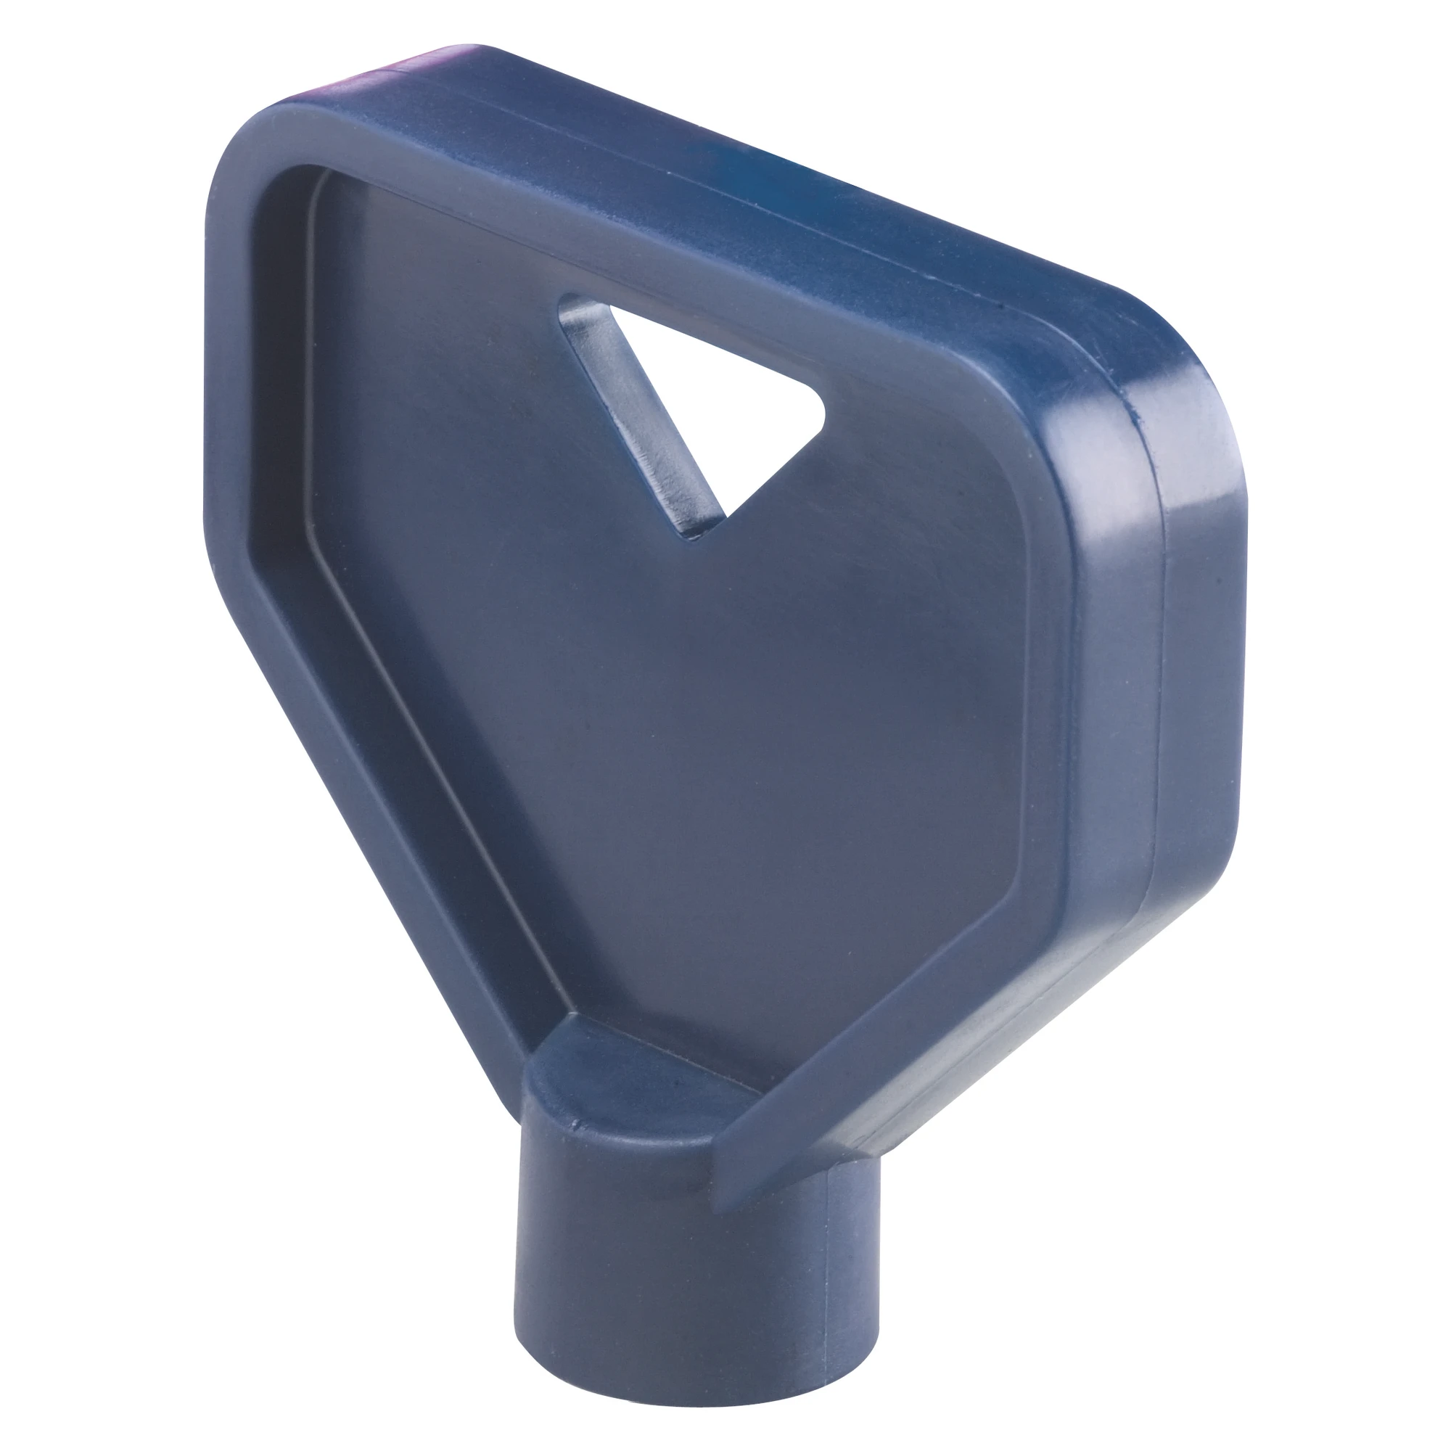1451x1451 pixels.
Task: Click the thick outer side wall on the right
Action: [x=1194, y=676]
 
